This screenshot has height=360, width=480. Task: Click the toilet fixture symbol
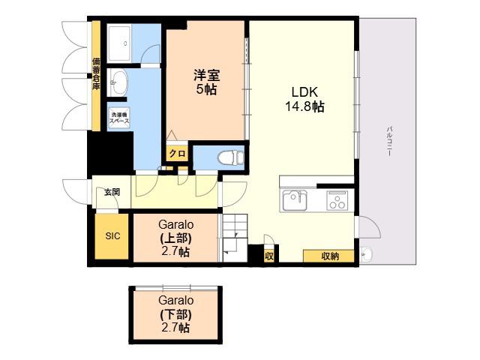[231, 158]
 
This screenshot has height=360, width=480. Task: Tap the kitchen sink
[295, 200]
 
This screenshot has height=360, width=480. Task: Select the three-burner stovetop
[337, 200]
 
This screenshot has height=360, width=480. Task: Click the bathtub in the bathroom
[119, 43]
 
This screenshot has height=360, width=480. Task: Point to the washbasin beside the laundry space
[118, 82]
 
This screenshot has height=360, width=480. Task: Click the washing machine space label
[119, 118]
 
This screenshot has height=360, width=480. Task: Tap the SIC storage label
[112, 236]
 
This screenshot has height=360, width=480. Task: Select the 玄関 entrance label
[112, 192]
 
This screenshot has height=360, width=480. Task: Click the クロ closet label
[177, 153]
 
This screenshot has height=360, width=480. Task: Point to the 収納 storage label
[330, 256]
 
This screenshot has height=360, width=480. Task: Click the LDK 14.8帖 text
[304, 99]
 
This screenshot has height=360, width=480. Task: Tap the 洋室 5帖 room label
[207, 82]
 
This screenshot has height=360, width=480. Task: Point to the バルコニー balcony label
[389, 141]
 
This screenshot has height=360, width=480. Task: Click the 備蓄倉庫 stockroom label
[96, 73]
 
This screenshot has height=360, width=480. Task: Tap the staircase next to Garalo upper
[235, 238]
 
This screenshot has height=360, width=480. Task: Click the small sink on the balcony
[366, 254]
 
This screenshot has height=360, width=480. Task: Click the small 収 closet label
[269, 256]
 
